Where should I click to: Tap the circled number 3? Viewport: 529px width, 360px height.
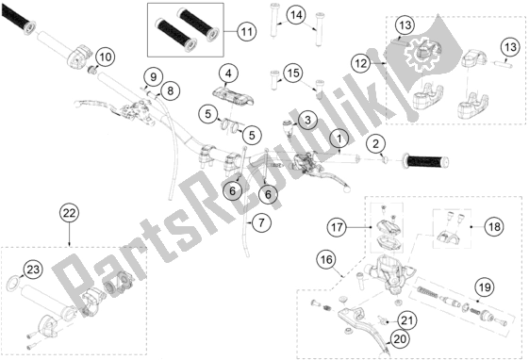click(x=306, y=120)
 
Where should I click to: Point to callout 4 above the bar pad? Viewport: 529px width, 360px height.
click(x=227, y=73)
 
